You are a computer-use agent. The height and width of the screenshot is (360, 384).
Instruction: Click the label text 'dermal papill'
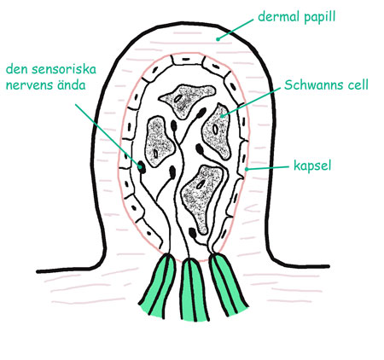(297, 17)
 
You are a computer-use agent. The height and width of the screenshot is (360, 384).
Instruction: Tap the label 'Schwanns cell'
(326, 84)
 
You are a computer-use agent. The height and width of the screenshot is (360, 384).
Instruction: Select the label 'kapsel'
(312, 165)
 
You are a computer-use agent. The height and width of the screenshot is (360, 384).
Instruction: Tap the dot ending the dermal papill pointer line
(218, 39)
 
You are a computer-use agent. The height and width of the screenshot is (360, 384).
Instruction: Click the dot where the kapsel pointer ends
(247, 169)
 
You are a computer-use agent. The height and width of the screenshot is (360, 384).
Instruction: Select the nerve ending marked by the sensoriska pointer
(141, 166)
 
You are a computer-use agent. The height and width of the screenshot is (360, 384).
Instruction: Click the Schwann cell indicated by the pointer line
(217, 131)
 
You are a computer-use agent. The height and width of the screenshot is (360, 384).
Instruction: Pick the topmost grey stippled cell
(186, 100)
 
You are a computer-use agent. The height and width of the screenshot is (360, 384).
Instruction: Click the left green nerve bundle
(158, 284)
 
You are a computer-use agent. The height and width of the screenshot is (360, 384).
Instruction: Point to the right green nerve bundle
(228, 284)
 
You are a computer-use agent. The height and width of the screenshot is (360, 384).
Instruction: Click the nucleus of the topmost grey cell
(178, 98)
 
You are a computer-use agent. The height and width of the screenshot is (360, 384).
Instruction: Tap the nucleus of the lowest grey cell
(201, 184)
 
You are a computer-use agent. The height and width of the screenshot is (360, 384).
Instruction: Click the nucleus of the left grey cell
(156, 154)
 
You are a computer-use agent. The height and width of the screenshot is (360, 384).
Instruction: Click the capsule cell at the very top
(187, 61)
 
